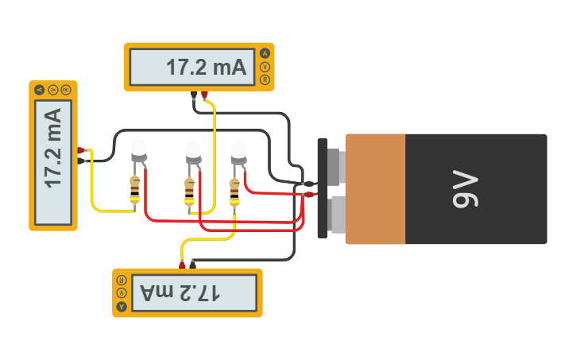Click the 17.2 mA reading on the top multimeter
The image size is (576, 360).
click(x=207, y=68)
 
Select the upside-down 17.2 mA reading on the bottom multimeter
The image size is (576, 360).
click(x=180, y=293)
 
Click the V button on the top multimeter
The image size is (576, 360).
click(x=265, y=67)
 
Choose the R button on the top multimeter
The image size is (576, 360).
click(x=265, y=79)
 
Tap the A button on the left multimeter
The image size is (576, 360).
click(x=40, y=90)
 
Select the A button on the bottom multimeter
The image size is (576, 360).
click(x=122, y=306)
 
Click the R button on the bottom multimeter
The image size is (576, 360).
click(x=122, y=281)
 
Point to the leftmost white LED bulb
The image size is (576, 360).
click(x=138, y=148)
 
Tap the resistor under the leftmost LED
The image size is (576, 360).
click(x=134, y=189)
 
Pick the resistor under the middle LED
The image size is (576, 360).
click(x=189, y=189)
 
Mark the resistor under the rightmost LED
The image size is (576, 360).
click(x=234, y=188)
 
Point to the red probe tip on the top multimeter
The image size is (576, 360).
click(x=204, y=95)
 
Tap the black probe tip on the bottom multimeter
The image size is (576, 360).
click(x=192, y=263)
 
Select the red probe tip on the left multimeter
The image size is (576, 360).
click(x=81, y=149)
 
